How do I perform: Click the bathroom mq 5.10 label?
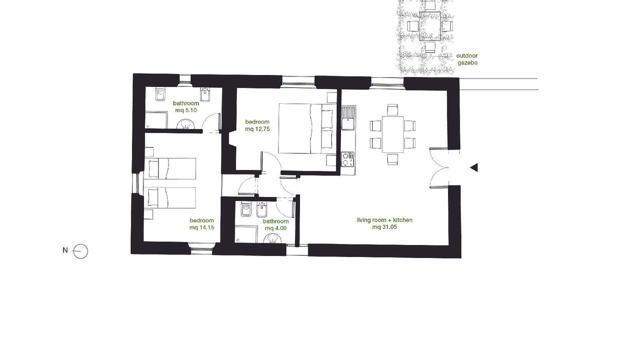pos(185,106)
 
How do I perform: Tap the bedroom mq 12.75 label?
pos(257,125)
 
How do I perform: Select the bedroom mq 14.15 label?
pos(201,224)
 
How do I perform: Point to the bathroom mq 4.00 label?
pos(275,224)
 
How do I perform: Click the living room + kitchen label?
pos(384,220)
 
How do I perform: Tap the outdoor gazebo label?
pos(467,59)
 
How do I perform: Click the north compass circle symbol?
pos(80,251)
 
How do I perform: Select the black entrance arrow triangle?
pos(474,167)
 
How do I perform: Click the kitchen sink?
pos(348,117)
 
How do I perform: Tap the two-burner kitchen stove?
pos(347,159)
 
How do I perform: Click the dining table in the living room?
pos(392,134)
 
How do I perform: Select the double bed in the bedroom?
pos(307,128)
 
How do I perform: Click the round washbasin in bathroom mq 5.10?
pos(185,124)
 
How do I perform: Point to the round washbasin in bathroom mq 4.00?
pos(272,238)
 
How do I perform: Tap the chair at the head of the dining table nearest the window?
pos(392,109)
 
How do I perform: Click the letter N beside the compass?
pos(65,250)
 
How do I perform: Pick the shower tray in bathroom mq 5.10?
pos(156,120)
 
